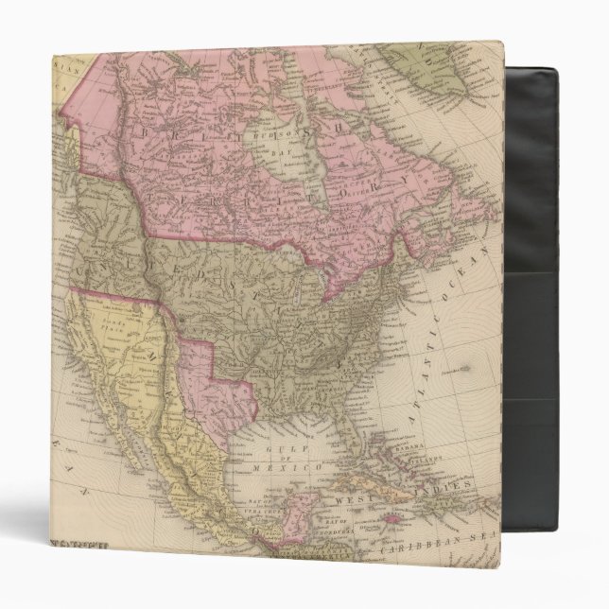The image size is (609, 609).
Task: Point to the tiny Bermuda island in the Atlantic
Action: [462, 360]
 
